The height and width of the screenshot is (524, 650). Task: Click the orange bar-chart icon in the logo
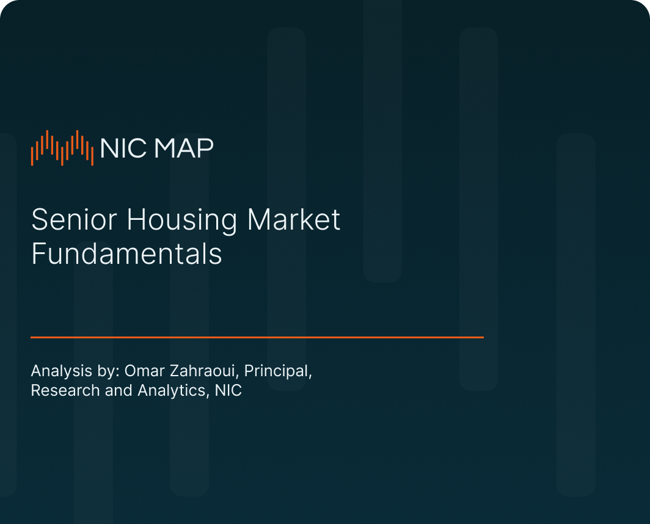click(x=62, y=148)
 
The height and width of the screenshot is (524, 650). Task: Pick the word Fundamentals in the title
click(x=126, y=253)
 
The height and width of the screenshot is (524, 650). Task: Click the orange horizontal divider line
click(x=257, y=337)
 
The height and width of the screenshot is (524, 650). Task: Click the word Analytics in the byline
click(x=172, y=391)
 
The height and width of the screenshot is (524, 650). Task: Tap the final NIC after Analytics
click(x=228, y=390)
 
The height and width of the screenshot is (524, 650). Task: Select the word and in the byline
click(x=119, y=390)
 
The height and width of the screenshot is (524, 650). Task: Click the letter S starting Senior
click(x=38, y=220)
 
